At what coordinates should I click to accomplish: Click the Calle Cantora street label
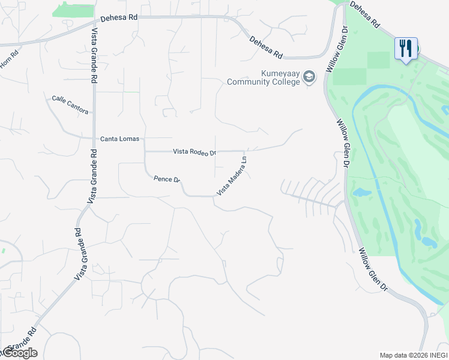[70, 105]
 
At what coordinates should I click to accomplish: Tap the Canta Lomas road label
[119, 139]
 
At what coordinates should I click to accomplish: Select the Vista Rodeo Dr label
[194, 152]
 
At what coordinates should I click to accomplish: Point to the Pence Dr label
[167, 179]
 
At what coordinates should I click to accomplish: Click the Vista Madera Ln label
[232, 175]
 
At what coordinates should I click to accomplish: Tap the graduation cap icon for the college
[309, 77]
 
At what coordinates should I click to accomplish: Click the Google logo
[19, 353]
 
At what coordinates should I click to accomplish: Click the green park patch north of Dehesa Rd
[73, 10]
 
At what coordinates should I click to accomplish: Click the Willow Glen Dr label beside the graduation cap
[336, 49]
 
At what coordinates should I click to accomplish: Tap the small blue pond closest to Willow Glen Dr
[361, 193]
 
